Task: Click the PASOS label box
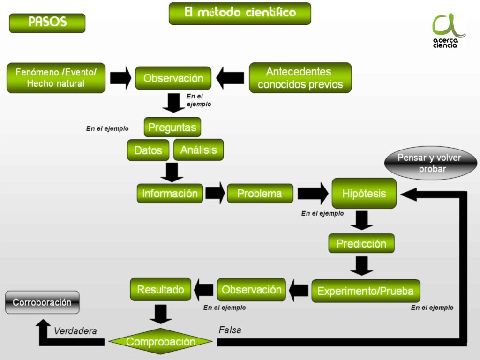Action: (x=47, y=23)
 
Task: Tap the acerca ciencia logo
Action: (x=447, y=30)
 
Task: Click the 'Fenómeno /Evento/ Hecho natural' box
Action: (x=56, y=78)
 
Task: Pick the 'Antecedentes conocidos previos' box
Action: (x=300, y=78)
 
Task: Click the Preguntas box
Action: (x=172, y=127)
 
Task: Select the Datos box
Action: (x=148, y=150)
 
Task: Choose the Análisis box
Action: (x=198, y=150)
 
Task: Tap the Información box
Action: (x=170, y=193)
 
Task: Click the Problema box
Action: (x=260, y=193)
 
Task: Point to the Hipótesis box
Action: (x=364, y=193)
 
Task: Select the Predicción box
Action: (x=361, y=243)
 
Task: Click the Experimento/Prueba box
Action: (x=366, y=291)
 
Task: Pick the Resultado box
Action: (x=161, y=289)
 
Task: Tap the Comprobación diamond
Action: (x=161, y=341)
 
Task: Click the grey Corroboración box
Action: (x=42, y=302)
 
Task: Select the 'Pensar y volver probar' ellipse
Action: (x=431, y=163)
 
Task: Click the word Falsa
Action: (x=230, y=330)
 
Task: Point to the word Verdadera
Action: (x=75, y=330)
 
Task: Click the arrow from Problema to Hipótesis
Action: (x=313, y=193)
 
